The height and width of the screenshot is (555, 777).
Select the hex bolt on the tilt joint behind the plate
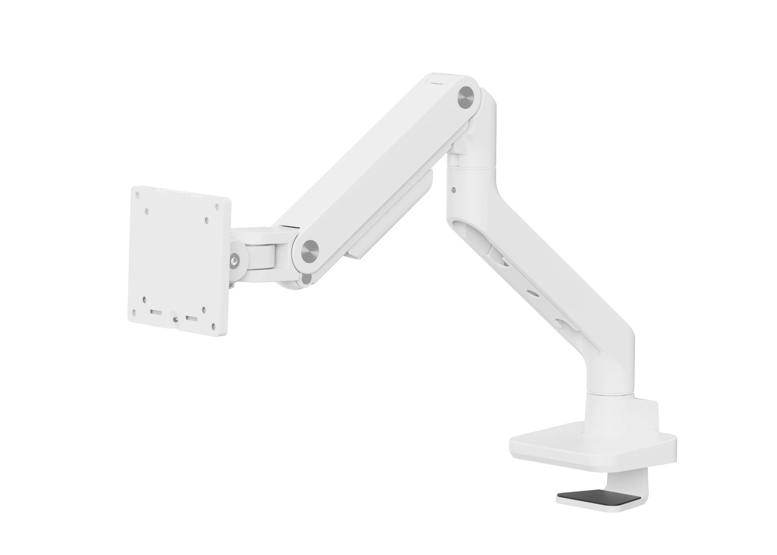click(x=234, y=260)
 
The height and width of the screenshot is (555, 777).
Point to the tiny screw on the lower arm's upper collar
click(x=454, y=191)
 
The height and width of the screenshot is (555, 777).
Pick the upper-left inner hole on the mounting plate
click(x=147, y=211)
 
